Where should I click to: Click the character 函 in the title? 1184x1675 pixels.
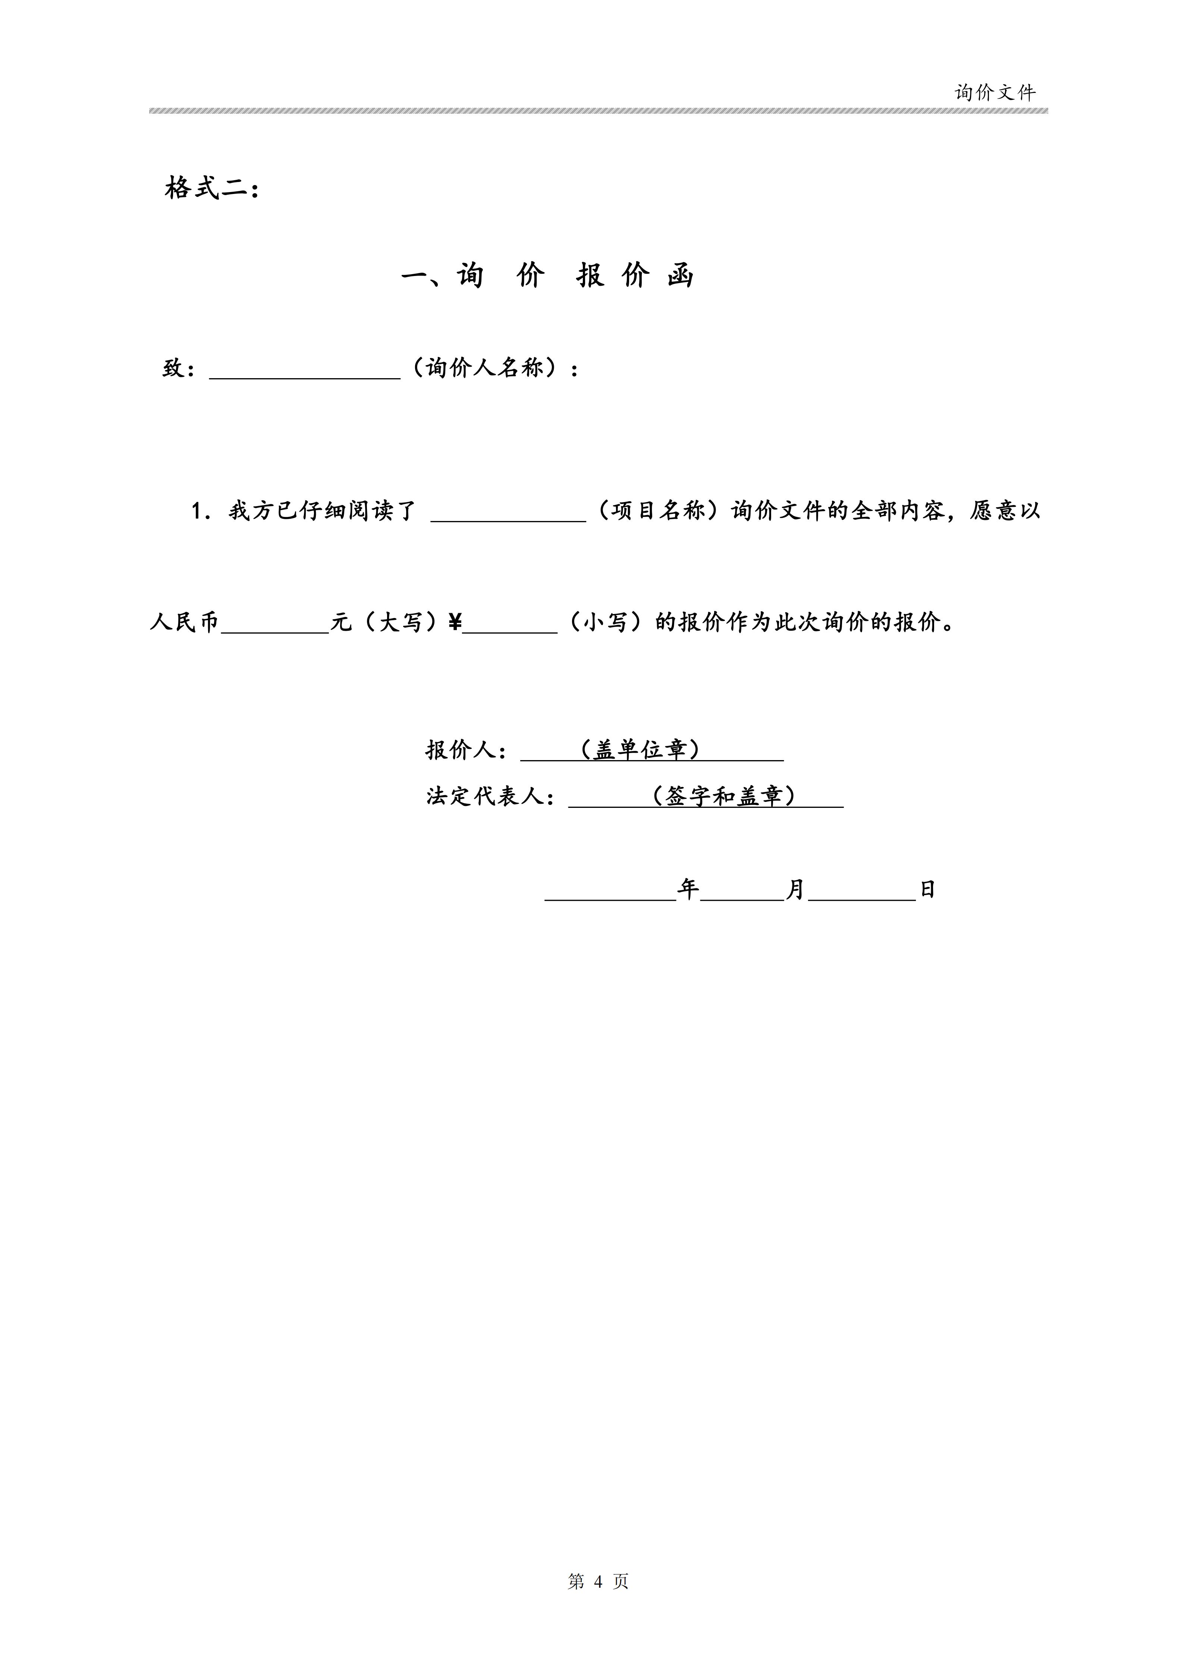(x=680, y=276)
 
